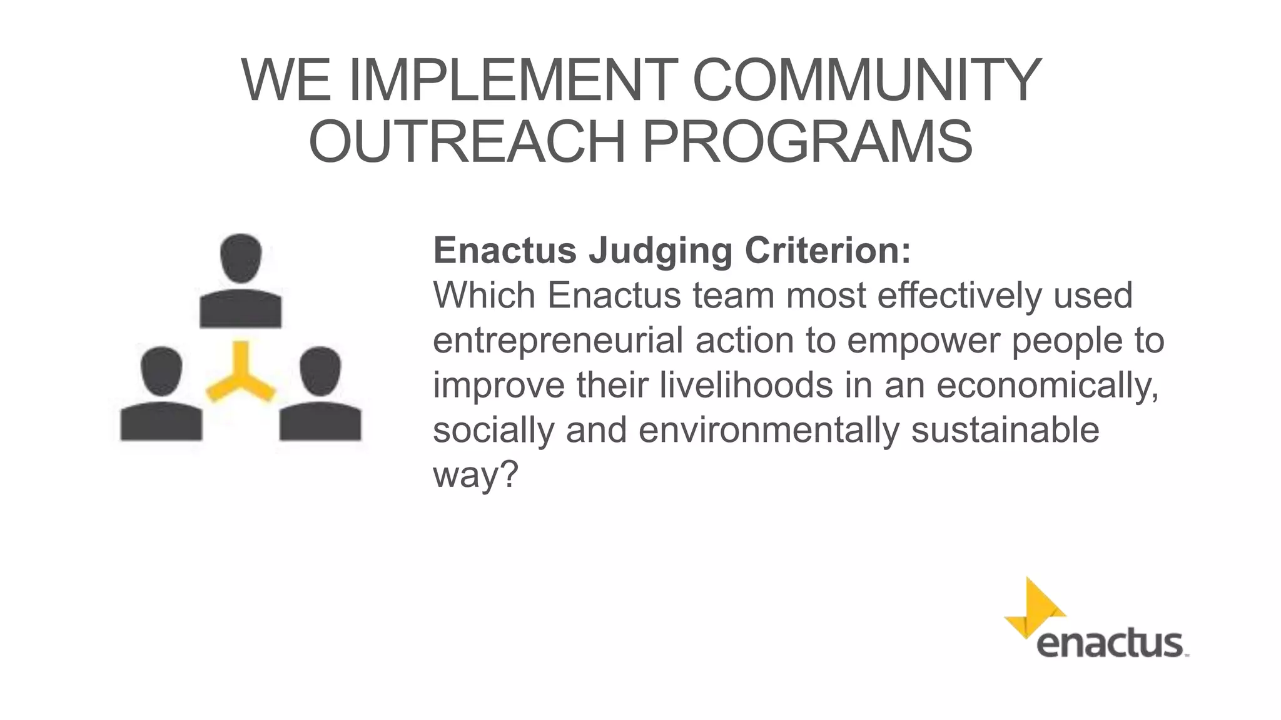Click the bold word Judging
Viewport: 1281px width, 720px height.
click(661, 251)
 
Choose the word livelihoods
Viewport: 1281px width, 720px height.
click(746, 385)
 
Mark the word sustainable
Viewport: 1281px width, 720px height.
click(1005, 430)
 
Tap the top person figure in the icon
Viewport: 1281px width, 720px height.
click(241, 281)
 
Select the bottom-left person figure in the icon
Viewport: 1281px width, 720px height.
click(161, 395)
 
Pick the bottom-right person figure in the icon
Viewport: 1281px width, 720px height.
click(320, 395)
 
